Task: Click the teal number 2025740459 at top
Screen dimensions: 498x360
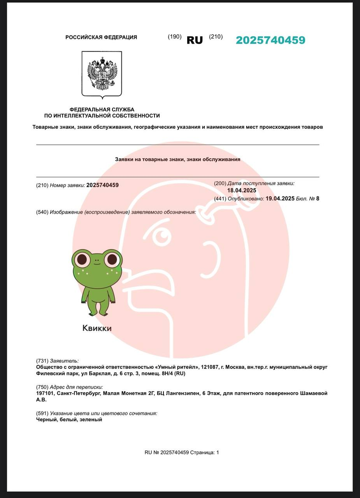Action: pos(270,40)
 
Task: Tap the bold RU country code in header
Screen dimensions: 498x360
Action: pos(195,40)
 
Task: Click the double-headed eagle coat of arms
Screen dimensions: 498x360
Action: pos(102,74)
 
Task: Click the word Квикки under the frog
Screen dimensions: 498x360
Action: pos(97,328)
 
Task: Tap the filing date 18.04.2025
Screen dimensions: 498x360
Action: pos(242,190)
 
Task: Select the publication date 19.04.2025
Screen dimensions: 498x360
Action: pos(280,198)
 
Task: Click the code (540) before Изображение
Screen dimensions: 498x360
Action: pos(42,212)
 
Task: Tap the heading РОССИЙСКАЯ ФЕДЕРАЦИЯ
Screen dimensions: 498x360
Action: pos(101,37)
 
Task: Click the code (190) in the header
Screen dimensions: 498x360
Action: pos(175,37)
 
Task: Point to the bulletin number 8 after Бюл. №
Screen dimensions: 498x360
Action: pos(318,198)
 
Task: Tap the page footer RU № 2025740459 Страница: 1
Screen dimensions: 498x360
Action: pos(182,452)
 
